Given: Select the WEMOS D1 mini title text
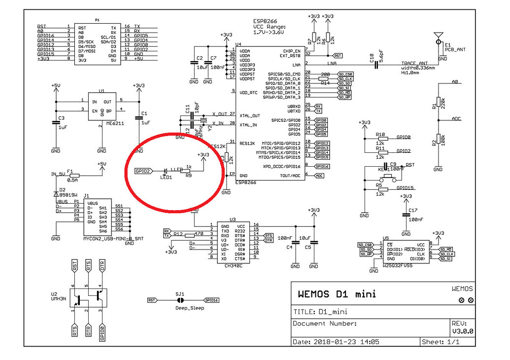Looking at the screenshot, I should pyautogui.click(x=337, y=294).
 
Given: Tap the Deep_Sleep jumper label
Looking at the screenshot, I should pyautogui.click(x=190, y=308).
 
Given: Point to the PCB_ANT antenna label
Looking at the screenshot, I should pyautogui.click(x=455, y=49).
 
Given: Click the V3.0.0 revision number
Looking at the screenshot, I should pyautogui.click(x=463, y=332).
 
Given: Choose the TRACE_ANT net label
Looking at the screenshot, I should pyautogui.click(x=414, y=64).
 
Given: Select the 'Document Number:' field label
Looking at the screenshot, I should pyautogui.click(x=325, y=324).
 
